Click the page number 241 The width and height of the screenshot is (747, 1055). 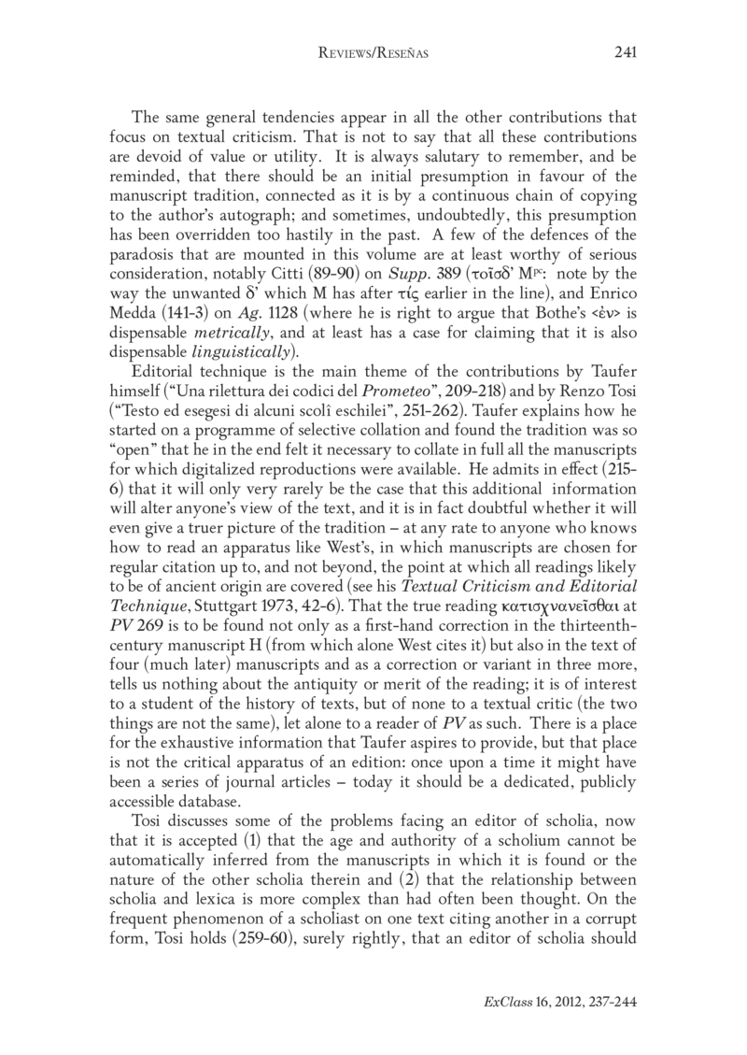pyautogui.click(x=625, y=53)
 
